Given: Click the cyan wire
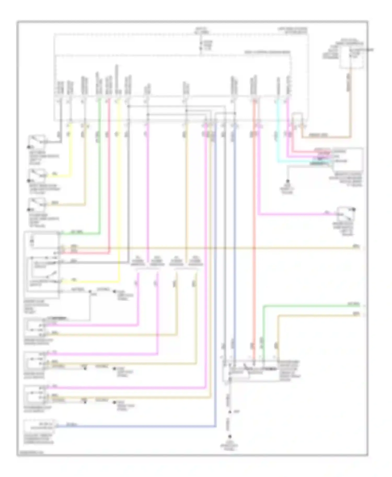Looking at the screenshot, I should pos(278,136).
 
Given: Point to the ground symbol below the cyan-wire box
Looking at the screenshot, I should pos(287,181).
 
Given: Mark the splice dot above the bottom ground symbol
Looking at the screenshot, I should pos(230,412).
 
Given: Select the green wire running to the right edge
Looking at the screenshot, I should pos(314,305).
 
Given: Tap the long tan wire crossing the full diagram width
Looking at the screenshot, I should pos(209,248).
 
